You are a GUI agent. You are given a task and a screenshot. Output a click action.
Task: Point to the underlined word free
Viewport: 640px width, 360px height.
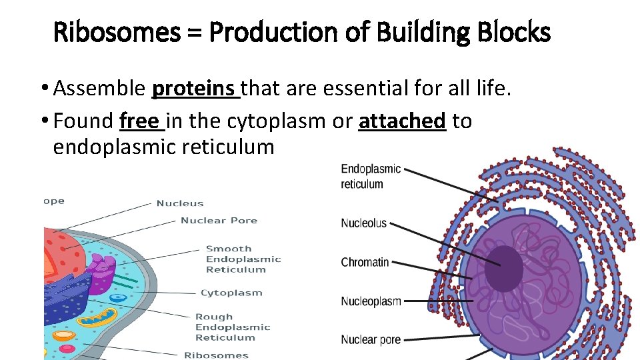tap(139, 121)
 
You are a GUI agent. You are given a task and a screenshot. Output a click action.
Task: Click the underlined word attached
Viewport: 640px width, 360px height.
tap(401, 121)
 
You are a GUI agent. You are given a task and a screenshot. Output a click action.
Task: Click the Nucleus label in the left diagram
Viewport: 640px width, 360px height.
tap(179, 203)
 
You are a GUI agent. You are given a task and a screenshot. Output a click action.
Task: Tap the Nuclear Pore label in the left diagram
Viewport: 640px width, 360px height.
tap(219, 221)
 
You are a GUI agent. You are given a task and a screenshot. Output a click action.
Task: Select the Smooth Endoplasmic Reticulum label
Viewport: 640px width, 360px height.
tap(243, 259)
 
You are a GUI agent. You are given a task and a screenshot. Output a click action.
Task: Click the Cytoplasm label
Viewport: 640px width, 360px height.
tap(231, 293)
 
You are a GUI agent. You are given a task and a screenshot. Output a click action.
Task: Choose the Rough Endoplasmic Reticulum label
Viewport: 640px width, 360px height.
tap(232, 327)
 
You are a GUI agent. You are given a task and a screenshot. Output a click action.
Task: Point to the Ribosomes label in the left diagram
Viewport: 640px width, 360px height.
tap(216, 355)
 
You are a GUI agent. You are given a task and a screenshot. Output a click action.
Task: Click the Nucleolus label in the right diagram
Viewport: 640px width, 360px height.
tap(363, 223)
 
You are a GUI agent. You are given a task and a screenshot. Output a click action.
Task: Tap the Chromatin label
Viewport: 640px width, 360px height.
tap(365, 262)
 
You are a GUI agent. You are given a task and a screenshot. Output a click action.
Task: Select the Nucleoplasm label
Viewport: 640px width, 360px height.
tap(371, 301)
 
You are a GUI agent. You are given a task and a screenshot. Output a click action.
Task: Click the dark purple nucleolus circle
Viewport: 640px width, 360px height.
tap(503, 269)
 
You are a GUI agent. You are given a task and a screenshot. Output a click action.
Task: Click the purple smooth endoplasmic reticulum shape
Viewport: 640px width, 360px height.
tap(102, 274)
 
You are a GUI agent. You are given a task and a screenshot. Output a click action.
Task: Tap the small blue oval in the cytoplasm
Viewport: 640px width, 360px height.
tap(118, 298)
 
